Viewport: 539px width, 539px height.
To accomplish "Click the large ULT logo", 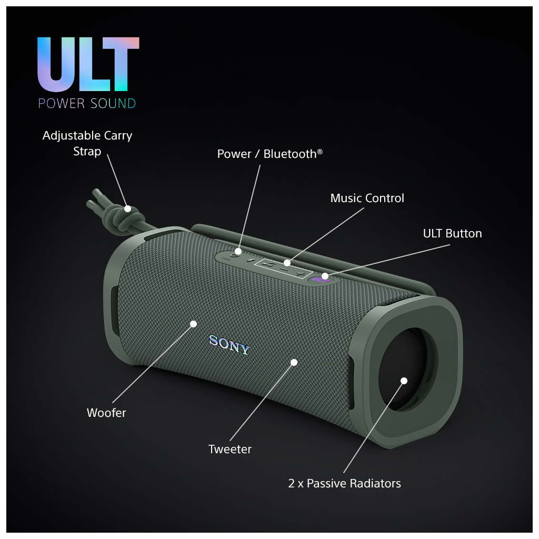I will [x=88, y=65].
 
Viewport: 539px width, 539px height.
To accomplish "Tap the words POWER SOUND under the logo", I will [x=87, y=103].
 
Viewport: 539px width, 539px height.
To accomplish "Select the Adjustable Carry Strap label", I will [x=87, y=143].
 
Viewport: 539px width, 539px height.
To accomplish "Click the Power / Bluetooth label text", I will [x=269, y=154].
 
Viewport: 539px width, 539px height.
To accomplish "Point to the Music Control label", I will [x=367, y=198].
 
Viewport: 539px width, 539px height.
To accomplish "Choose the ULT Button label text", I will [x=452, y=233].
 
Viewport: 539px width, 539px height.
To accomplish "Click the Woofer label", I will [x=106, y=413].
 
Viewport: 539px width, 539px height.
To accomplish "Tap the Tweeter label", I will [x=230, y=449].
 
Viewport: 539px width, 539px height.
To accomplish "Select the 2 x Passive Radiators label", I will [x=344, y=483].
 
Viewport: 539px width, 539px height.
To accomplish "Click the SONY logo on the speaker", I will [x=229, y=345].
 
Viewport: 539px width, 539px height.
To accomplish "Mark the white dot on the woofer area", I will [x=193, y=324].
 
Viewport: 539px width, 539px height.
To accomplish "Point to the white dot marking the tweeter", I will [x=294, y=362].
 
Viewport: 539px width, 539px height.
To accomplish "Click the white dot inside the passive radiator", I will [x=404, y=381].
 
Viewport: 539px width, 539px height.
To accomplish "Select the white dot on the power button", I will [x=238, y=252].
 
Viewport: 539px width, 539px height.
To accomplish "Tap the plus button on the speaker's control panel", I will [x=300, y=275].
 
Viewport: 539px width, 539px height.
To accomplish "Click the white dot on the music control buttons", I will [x=287, y=263].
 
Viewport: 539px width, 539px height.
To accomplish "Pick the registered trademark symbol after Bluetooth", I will [x=320, y=151].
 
